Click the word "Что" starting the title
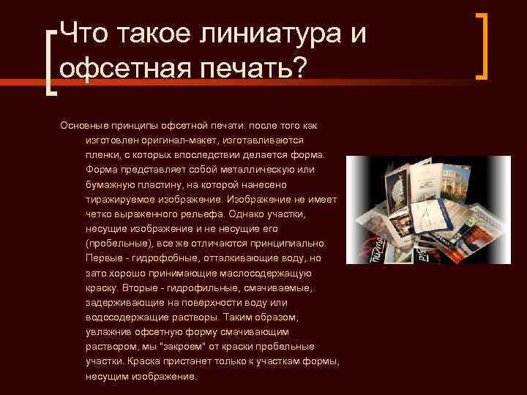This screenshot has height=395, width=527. pyautogui.click(x=84, y=33)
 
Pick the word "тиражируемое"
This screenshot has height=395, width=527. pyautogui.click(x=116, y=199)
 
